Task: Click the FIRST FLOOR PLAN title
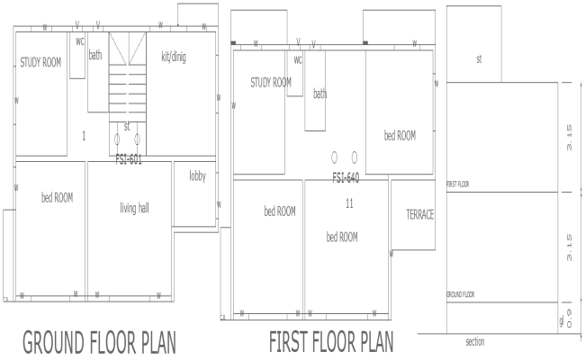[x=331, y=343]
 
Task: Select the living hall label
[x=134, y=209]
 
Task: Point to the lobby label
[x=198, y=176]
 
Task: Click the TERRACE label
[x=419, y=215]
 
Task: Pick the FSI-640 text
[x=346, y=177]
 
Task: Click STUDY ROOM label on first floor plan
[x=271, y=83]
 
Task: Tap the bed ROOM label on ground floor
[x=58, y=197]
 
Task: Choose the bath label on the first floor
[x=319, y=94]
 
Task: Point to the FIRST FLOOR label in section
[x=459, y=184]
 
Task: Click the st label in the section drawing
[x=480, y=59]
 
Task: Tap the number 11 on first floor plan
[x=348, y=203]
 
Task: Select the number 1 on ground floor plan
[x=83, y=136]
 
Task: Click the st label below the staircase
[x=127, y=126]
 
